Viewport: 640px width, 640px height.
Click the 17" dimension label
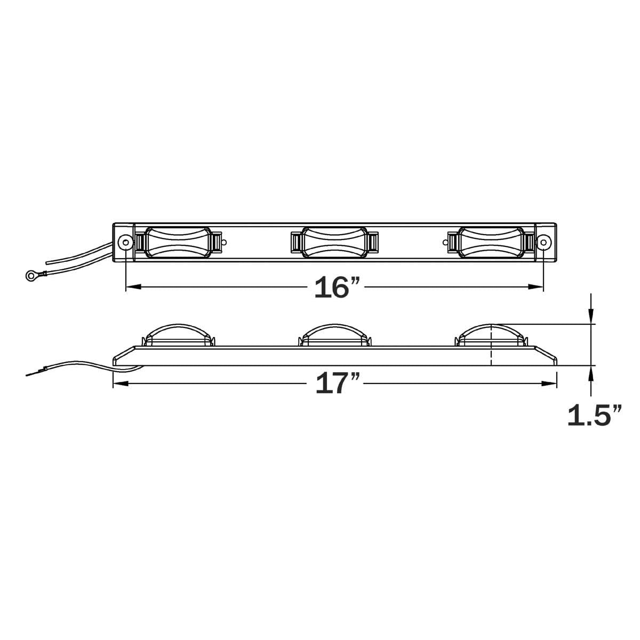338,383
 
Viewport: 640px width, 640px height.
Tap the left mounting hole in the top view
125,242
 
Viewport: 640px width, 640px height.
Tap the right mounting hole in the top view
543,242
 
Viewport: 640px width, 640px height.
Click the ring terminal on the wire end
30,275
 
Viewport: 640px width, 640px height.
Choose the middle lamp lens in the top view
334,242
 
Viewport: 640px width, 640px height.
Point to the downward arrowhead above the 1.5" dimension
590,317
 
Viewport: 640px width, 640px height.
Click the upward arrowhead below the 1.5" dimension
590,373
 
